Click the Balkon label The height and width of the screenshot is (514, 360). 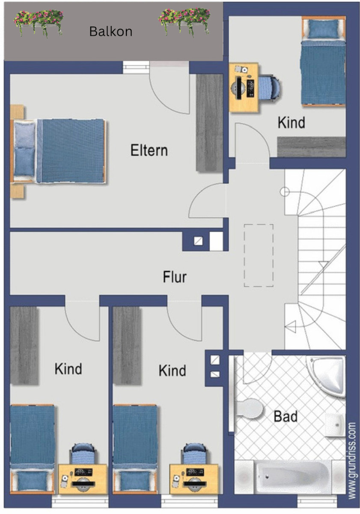[111, 31]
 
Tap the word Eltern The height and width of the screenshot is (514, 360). [149, 150]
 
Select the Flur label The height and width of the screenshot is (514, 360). [175, 277]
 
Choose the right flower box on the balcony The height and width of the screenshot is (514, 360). [184, 22]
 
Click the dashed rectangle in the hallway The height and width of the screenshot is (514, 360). [259, 255]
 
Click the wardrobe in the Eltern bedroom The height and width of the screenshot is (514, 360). [209, 123]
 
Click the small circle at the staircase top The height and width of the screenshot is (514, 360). [285, 191]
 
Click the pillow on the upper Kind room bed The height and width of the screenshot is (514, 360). [323, 28]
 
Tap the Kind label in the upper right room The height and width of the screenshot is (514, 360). [291, 123]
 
